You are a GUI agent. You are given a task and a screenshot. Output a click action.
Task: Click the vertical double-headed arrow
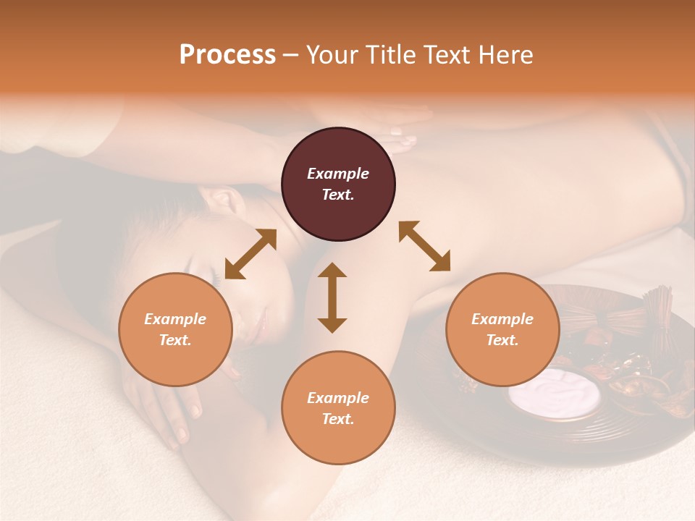tap(332, 297)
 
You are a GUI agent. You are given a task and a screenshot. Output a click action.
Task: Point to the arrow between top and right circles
tap(425, 246)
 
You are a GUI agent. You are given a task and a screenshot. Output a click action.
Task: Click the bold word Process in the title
tap(227, 54)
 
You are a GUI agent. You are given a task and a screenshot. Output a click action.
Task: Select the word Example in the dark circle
tap(338, 174)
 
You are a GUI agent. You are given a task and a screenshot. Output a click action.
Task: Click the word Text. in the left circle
tap(175, 340)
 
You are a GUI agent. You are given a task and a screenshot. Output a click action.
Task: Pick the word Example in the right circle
tap(502, 319)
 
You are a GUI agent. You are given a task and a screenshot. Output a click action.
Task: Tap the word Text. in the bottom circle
tap(338, 419)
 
